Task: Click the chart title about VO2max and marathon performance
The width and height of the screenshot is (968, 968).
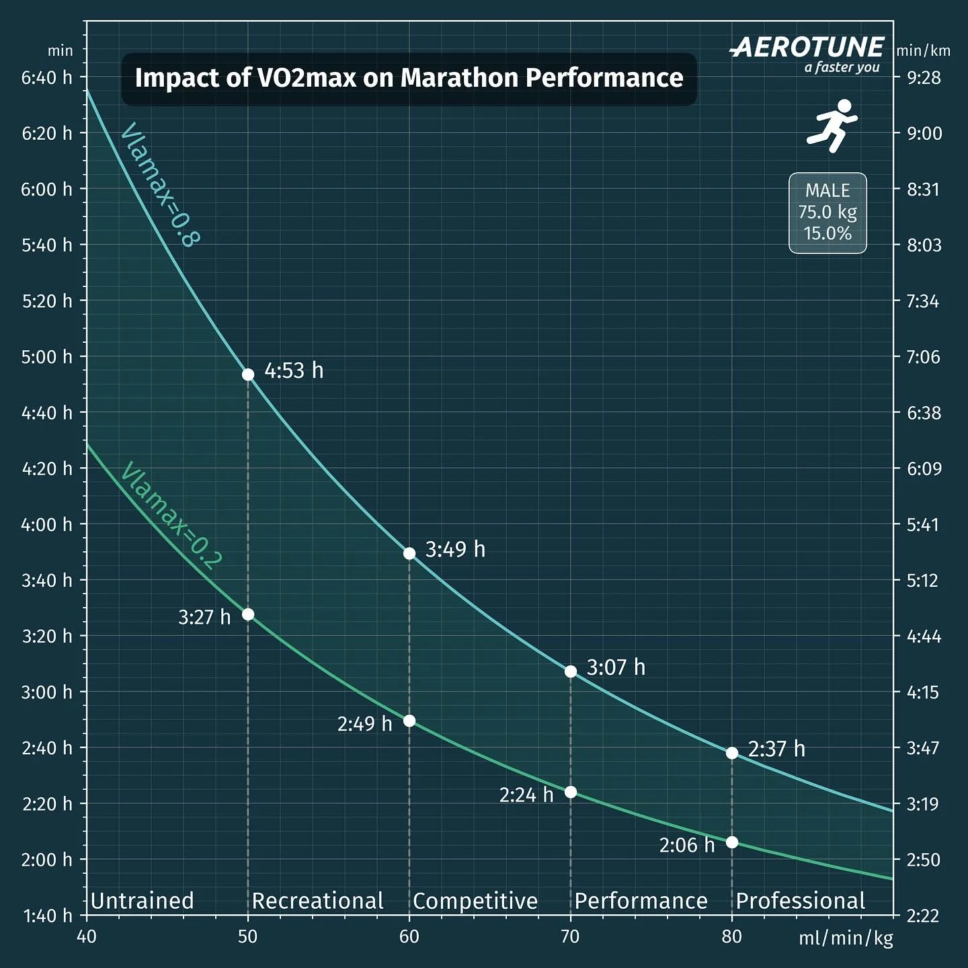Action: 409,78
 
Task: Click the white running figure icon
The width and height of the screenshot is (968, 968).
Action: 832,126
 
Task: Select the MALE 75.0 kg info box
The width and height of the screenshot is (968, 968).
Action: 828,212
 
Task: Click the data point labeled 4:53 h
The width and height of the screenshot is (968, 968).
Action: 248,374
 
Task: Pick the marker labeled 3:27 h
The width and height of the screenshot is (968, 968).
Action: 248,614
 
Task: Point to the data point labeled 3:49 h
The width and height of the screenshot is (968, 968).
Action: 409,553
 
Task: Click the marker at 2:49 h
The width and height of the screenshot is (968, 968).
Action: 409,721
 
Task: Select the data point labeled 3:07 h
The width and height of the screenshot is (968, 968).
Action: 571,672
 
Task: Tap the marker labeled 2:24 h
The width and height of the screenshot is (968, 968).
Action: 571,792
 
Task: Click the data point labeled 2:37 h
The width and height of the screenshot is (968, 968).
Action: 732,753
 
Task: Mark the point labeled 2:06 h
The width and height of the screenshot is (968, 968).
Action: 732,842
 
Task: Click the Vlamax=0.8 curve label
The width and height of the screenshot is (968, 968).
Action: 159,185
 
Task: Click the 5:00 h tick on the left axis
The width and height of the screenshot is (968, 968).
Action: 46,356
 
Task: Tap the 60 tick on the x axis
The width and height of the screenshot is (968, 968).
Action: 409,936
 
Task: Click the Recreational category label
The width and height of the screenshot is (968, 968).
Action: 317,901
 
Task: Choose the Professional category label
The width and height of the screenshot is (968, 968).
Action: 801,901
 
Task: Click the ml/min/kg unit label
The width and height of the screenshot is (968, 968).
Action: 846,938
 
